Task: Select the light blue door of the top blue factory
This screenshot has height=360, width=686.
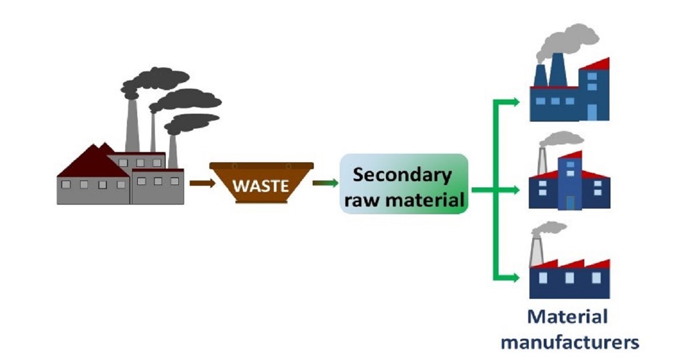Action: [x=593, y=112]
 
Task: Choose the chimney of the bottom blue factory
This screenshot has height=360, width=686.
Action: [x=536, y=251]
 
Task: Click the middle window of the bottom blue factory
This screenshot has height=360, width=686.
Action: [x=569, y=278]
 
